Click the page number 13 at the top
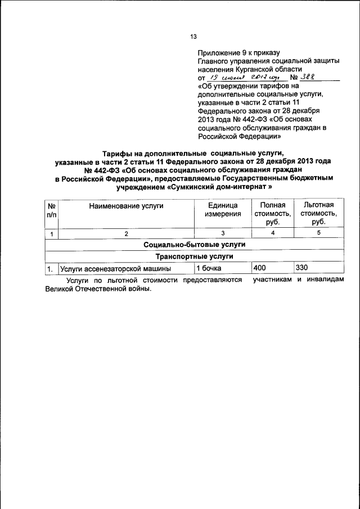[x=193, y=37]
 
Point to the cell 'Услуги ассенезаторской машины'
[x=115, y=269]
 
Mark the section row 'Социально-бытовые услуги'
[x=195, y=245]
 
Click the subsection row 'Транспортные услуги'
[x=195, y=256]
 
